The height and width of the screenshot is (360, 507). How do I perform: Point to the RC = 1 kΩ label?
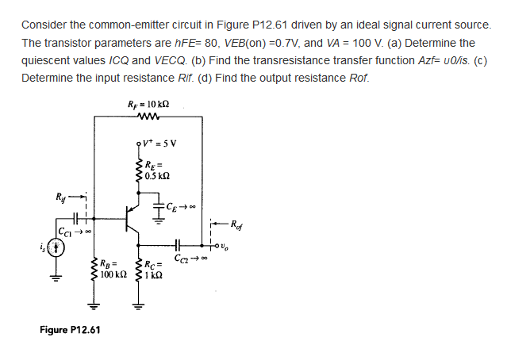155,268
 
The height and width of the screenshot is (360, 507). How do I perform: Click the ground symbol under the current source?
56,278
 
